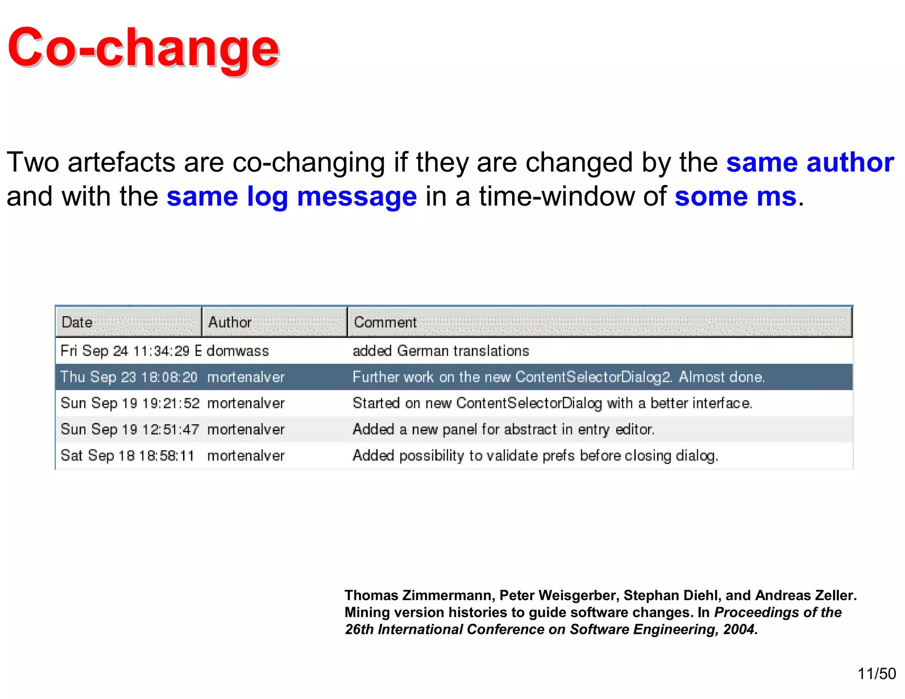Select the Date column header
(x=77, y=322)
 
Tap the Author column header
(x=230, y=322)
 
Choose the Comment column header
(x=385, y=322)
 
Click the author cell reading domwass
(x=238, y=351)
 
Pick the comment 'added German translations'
(x=441, y=351)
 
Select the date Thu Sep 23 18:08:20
(x=129, y=377)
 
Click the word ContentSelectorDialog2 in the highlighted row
(x=593, y=377)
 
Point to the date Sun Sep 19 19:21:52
(x=130, y=403)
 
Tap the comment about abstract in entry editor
(x=503, y=429)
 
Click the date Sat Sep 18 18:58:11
(x=127, y=456)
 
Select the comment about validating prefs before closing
(x=535, y=456)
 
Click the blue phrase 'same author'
(x=810, y=162)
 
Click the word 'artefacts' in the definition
(x=122, y=162)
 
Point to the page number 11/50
(x=877, y=673)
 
